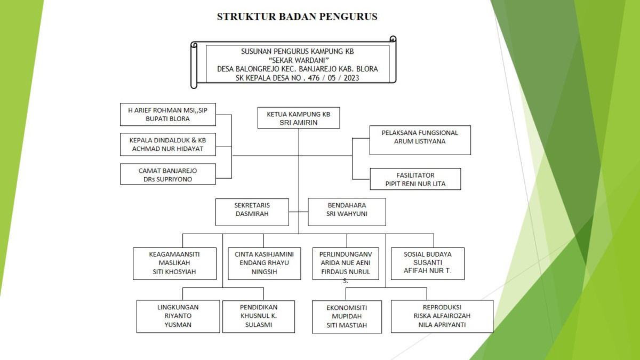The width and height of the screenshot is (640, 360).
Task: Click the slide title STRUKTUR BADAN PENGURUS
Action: (x=297, y=17)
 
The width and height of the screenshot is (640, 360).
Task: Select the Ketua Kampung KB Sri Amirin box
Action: (x=298, y=118)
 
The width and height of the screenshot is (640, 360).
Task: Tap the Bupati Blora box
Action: (x=167, y=115)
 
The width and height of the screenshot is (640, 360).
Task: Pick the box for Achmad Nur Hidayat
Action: (x=167, y=145)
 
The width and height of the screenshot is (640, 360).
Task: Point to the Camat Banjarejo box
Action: (x=167, y=175)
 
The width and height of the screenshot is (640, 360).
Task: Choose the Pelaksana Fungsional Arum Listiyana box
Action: (x=420, y=140)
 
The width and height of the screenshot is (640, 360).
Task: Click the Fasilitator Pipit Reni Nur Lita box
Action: (x=415, y=179)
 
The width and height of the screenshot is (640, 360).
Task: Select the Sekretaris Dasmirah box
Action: (x=252, y=212)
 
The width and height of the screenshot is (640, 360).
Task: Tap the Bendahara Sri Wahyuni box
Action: (x=347, y=212)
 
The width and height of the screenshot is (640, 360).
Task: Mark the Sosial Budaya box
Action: (x=427, y=263)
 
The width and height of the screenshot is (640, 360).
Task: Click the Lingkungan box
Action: (x=178, y=316)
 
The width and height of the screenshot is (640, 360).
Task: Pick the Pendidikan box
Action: (x=259, y=316)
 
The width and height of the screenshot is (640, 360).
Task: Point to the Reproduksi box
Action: (x=442, y=316)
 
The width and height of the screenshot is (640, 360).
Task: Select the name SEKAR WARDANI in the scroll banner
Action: (x=298, y=60)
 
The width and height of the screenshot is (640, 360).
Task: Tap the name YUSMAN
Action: (x=178, y=324)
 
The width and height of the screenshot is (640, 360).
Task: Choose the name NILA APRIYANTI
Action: (x=442, y=324)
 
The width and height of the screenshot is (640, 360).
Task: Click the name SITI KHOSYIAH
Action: (x=174, y=271)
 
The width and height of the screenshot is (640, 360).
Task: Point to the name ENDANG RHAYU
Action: (x=265, y=263)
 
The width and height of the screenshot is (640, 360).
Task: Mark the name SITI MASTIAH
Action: (x=347, y=325)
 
